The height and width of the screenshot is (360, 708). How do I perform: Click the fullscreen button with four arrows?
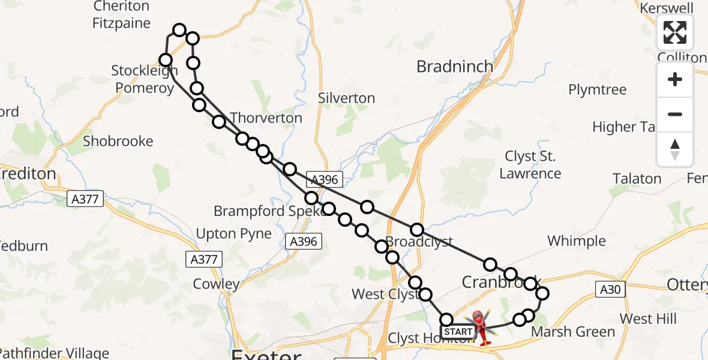point(675,32)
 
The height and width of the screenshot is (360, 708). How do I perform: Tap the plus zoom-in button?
point(675,79)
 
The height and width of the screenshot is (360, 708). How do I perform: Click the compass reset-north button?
point(675,149)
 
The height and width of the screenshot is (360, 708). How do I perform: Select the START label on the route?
point(459,331)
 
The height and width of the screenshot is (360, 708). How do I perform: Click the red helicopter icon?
point(482,327)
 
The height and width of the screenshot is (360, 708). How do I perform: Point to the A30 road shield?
point(610,289)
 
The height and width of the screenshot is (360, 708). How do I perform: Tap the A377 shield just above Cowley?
point(203,259)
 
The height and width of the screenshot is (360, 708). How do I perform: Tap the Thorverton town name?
point(266,118)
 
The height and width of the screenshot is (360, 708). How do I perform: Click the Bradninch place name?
point(455,66)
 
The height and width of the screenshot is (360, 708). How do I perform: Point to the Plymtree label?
point(597,90)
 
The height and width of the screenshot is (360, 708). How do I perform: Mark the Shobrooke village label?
point(118,141)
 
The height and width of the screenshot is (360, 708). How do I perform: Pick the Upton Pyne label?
point(234,233)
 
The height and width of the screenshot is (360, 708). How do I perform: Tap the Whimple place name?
point(576,241)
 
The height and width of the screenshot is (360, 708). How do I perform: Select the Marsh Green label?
point(573,332)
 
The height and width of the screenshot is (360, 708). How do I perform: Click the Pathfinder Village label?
point(54,353)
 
